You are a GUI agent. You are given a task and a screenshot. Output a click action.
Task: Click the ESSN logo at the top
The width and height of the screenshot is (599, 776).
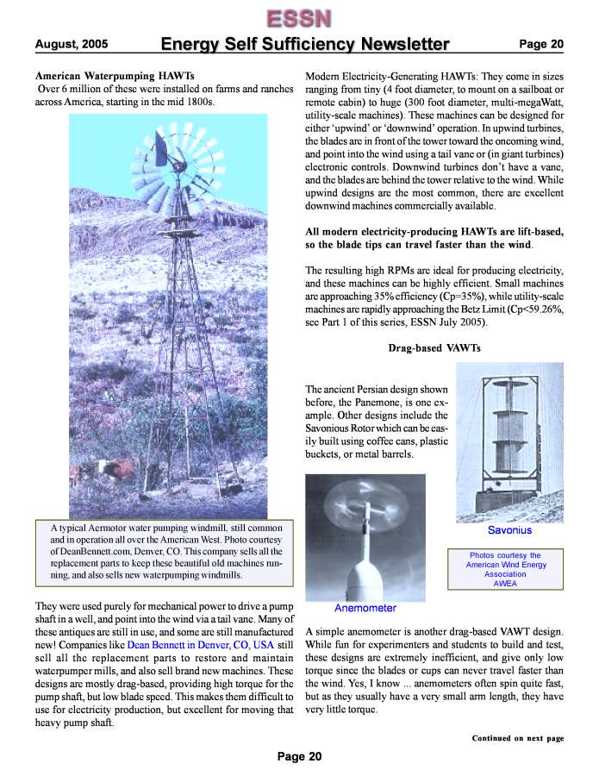click(x=297, y=17)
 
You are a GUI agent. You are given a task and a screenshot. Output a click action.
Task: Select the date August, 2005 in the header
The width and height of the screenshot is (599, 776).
click(x=71, y=44)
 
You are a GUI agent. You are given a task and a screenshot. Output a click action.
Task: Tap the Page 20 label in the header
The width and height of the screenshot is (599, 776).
click(x=540, y=44)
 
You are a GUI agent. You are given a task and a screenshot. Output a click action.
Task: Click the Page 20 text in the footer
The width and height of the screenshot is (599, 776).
click(x=299, y=757)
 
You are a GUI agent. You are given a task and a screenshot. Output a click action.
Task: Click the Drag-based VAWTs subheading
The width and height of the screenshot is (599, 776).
click(x=434, y=347)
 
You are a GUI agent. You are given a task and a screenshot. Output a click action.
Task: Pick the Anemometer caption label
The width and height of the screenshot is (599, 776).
click(x=365, y=608)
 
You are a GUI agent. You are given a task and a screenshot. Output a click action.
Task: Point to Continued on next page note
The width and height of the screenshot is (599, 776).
click(x=517, y=738)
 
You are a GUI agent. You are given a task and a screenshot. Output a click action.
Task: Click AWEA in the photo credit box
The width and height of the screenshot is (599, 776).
click(x=504, y=583)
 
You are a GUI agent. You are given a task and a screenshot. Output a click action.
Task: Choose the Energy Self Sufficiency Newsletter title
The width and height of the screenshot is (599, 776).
click(x=305, y=44)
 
